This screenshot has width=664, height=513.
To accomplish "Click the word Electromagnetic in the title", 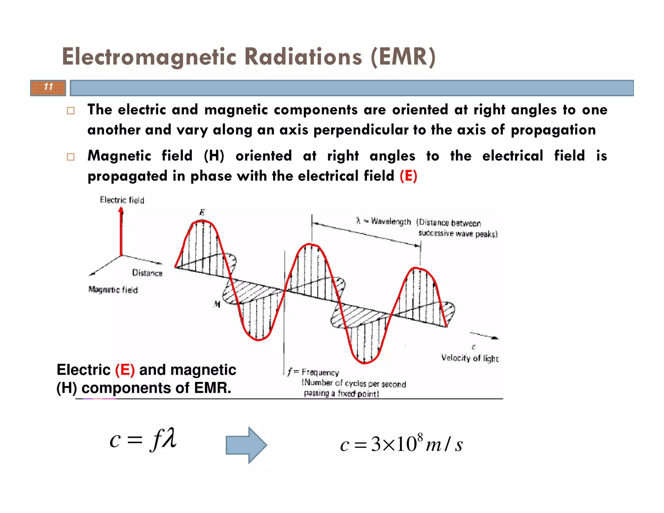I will click(x=149, y=57).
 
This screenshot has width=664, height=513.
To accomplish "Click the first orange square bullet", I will click(x=71, y=111).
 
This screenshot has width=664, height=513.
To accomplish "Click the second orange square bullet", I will click(x=71, y=157).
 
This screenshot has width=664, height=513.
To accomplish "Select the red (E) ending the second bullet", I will click(x=408, y=176).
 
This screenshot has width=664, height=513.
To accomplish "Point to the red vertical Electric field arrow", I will click(x=121, y=232).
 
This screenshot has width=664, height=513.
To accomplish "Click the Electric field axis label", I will click(x=122, y=200).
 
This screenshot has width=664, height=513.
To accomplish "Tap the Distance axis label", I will click(x=147, y=273).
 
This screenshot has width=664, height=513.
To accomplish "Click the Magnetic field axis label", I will click(x=113, y=290).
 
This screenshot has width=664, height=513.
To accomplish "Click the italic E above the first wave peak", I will click(x=202, y=213).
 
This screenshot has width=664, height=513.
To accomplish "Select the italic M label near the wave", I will click(x=217, y=304).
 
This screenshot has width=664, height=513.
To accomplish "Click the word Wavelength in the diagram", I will click(x=391, y=221).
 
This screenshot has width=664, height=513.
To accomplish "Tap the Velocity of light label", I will click(x=469, y=358).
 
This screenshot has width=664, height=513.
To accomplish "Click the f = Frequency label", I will click(x=313, y=372).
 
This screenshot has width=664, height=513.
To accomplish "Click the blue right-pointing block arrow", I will click(x=246, y=445).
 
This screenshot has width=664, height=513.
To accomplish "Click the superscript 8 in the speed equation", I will click(x=420, y=437).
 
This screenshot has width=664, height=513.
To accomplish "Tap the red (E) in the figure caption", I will click(x=125, y=370).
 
